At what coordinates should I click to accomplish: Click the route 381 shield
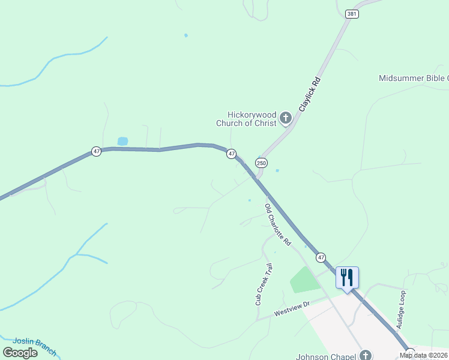tap(352, 13)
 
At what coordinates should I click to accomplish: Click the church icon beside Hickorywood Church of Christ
tap(286, 118)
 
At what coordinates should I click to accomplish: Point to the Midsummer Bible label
tap(414, 79)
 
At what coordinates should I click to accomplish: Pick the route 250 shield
tap(261, 163)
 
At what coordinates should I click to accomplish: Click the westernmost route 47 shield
tap(97, 152)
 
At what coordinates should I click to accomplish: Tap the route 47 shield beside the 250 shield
tap(232, 154)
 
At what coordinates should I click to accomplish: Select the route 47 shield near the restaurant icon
tap(321, 257)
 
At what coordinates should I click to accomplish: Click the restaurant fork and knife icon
tap(347, 277)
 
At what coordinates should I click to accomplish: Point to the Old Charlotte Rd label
tap(278, 225)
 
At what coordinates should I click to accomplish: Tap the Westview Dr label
tap(292, 309)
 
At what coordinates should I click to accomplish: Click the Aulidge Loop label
tap(402, 310)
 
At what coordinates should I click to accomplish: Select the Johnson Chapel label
tap(327, 356)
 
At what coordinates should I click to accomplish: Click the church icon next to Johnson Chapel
tap(366, 355)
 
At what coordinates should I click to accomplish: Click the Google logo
tap(20, 353)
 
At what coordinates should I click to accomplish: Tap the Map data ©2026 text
tap(424, 355)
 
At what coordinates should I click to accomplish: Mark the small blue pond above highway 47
tap(122, 142)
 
